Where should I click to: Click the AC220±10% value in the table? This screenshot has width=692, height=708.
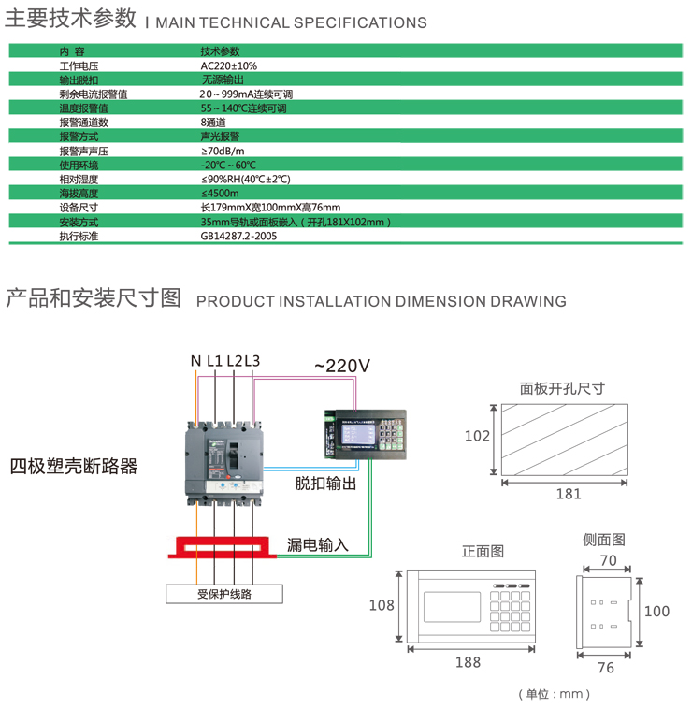pos(228,66)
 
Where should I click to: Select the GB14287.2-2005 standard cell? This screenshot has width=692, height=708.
pos(238,237)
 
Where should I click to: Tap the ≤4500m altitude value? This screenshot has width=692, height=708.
pos(221,194)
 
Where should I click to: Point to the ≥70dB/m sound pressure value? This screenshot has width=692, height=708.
pos(223,151)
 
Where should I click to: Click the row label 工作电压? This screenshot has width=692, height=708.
pos(79,66)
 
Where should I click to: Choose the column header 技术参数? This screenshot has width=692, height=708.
pos(220,51)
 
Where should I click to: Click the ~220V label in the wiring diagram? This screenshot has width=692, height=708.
pos(341,367)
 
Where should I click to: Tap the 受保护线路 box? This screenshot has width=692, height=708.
pos(224,593)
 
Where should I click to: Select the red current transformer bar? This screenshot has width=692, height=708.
pos(224,546)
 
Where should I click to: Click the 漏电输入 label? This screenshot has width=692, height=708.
pos(317,544)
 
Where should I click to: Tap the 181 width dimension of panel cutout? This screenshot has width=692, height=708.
pos(568,494)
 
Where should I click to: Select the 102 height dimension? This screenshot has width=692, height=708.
pos(477,436)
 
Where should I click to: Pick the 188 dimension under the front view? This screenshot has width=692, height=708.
pos(468,662)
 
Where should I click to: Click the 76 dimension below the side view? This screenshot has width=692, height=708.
pos(605,667)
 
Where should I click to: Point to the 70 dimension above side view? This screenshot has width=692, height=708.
pos(608,561)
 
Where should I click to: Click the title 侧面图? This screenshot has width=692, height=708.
pos(604,540)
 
